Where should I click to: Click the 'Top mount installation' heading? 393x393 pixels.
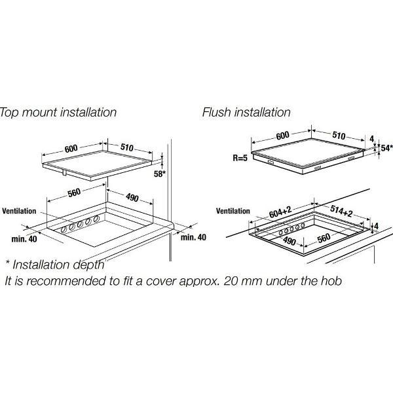click(58, 112)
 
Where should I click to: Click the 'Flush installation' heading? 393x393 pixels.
click(246, 112)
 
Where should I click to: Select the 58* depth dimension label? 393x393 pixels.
click(160, 174)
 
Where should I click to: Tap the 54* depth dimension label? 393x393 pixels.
click(386, 148)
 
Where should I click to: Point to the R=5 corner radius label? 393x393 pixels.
click(240, 158)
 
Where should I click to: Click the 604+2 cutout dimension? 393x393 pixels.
click(280, 212)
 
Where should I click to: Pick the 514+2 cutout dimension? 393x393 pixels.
click(341, 211)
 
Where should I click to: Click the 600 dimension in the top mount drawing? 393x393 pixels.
click(71, 149)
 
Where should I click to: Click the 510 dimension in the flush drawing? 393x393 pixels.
click(339, 136)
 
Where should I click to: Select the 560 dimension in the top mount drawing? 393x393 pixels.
click(74, 193)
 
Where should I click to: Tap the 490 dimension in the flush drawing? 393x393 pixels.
click(290, 241)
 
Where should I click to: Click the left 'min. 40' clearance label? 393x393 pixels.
click(24, 239)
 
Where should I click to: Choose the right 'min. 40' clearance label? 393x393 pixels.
click(193, 237)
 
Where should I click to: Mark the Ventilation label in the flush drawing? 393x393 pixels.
click(233, 211)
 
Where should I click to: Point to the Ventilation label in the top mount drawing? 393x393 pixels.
click(19, 211)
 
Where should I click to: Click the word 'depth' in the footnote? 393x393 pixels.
click(88, 265)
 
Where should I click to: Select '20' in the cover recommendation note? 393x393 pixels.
click(230, 281)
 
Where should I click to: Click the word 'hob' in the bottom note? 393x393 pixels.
click(331, 280)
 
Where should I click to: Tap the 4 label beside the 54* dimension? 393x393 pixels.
click(372, 139)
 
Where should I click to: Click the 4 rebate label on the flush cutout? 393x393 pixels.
click(376, 226)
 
